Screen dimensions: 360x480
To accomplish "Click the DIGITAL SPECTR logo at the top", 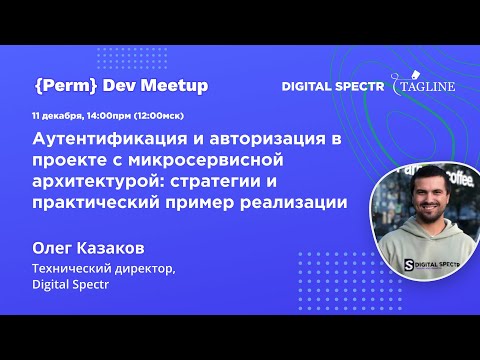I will (x=335, y=87).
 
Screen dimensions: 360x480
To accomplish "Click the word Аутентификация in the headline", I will (x=107, y=138).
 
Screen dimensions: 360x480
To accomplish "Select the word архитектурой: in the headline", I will (x=97, y=181).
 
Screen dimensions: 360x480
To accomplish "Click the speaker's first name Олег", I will (x=57, y=247).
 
